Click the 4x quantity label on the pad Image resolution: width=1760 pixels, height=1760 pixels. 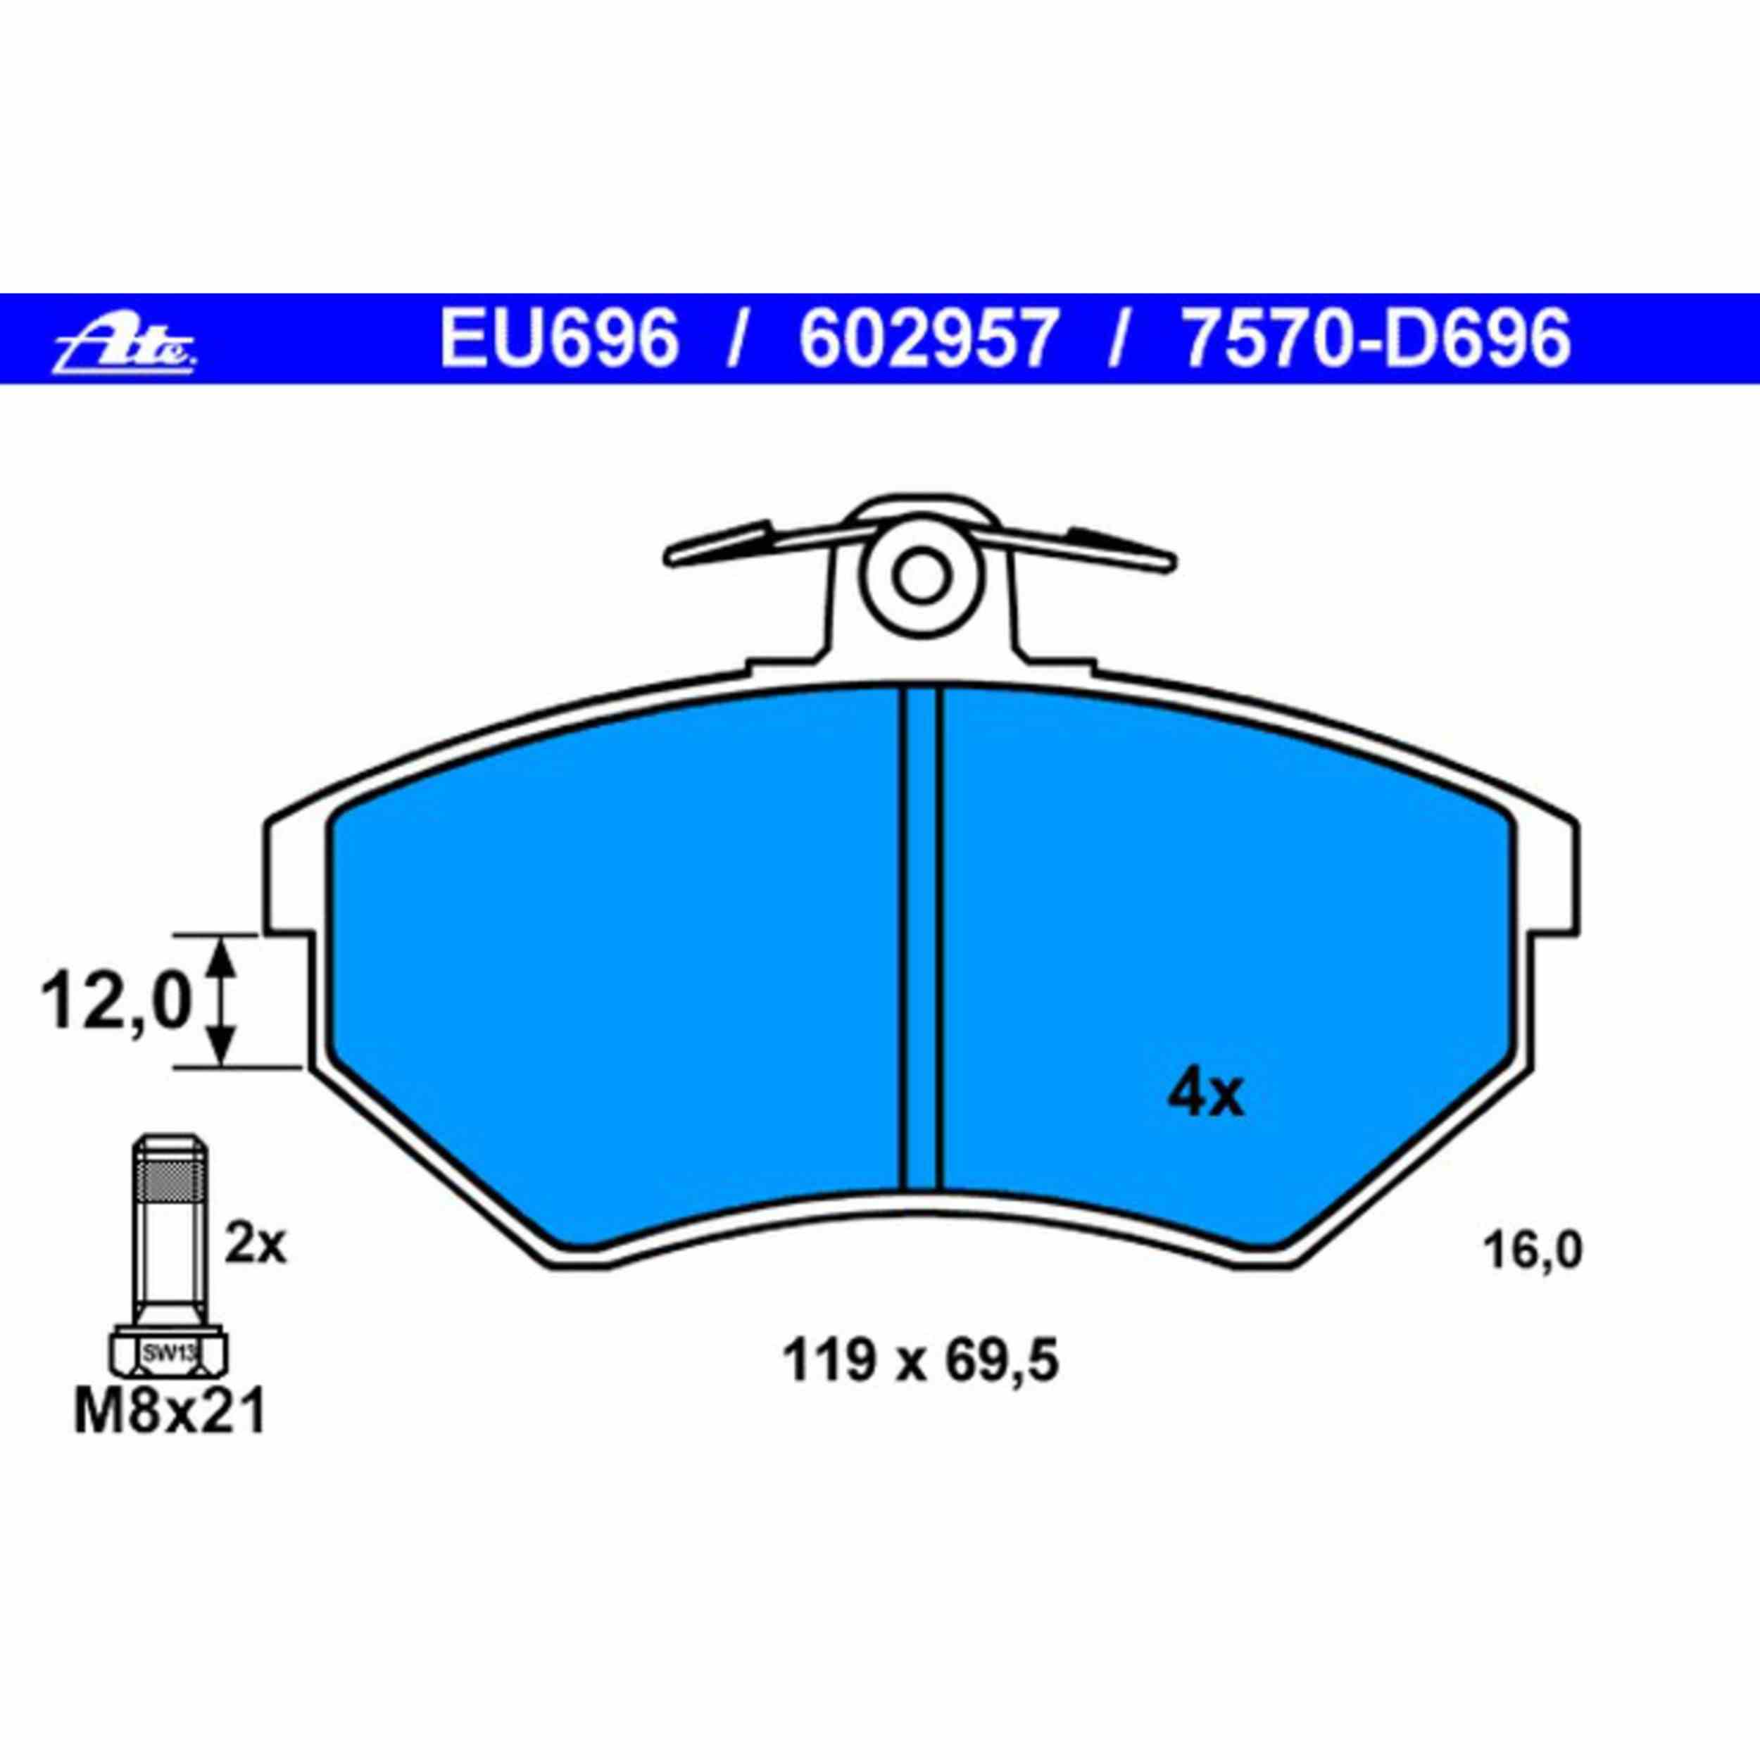tap(1205, 1096)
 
